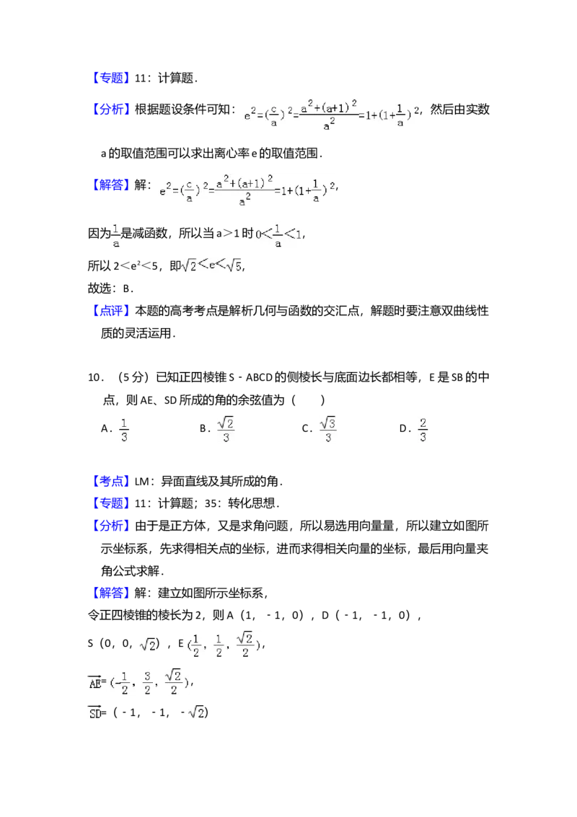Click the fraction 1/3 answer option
tap(124, 430)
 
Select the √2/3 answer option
tap(226, 430)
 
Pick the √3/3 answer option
tap(328, 430)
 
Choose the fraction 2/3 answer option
tap(424, 430)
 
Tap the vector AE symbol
tap(95, 682)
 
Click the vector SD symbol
tap(95, 713)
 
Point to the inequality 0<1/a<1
tap(278, 237)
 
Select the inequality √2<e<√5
tap(211, 266)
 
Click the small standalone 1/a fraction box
tap(115, 237)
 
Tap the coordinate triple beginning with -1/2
tap(147, 681)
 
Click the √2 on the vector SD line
tap(195, 713)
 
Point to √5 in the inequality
tap(232, 267)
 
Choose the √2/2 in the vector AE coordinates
tap(173, 681)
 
